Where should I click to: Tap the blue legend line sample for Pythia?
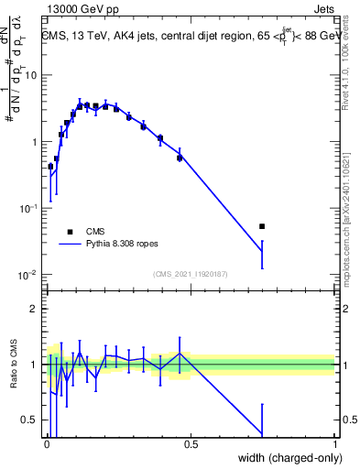coord(71,245)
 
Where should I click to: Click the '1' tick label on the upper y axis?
coord(35,142)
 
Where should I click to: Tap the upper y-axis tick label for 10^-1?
coord(29,208)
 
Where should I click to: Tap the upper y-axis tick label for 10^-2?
coord(29,275)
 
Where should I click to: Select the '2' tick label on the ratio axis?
coord(35,309)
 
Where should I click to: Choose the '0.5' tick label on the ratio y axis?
coord(30,420)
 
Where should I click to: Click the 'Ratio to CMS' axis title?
coord(13,365)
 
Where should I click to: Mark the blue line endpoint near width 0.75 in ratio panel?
coord(262,434)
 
